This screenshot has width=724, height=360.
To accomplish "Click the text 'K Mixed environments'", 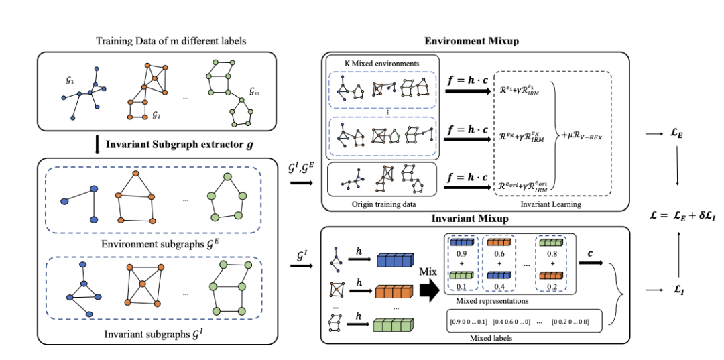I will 382,64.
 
